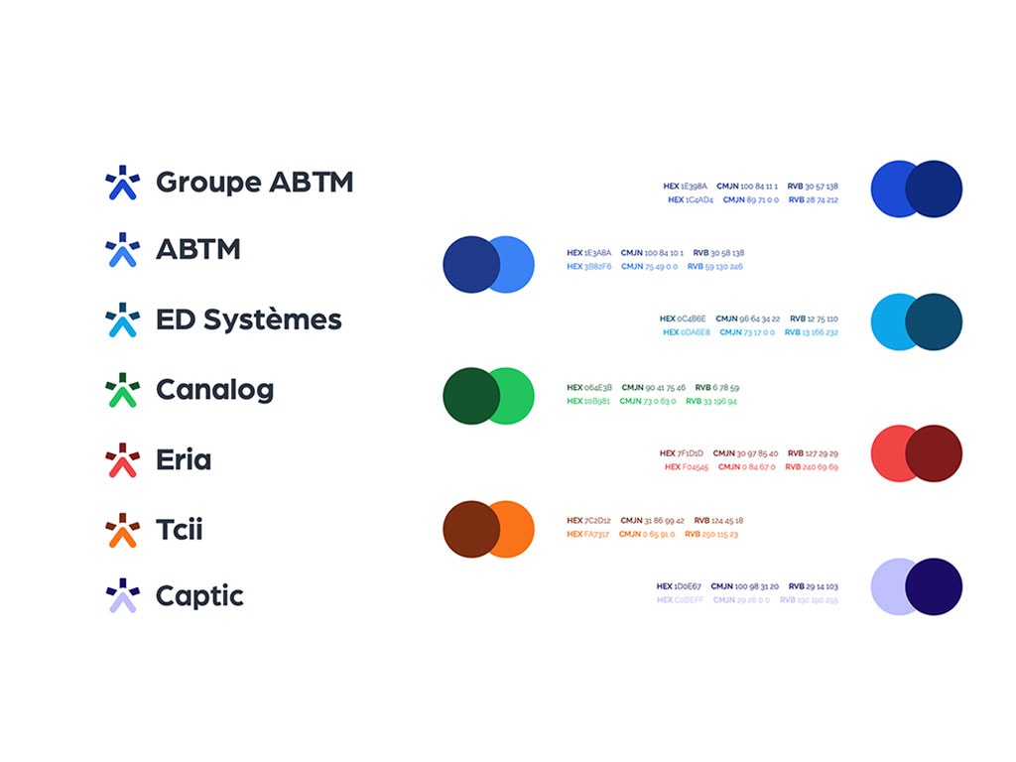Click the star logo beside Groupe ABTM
pyautogui.click(x=122, y=183)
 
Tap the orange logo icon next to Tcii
pyautogui.click(x=122, y=530)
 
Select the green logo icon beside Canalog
pyautogui.click(x=122, y=390)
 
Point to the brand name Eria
pyautogui.click(x=184, y=460)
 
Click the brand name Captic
pyautogui.click(x=199, y=596)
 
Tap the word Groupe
pyautogui.click(x=207, y=183)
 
